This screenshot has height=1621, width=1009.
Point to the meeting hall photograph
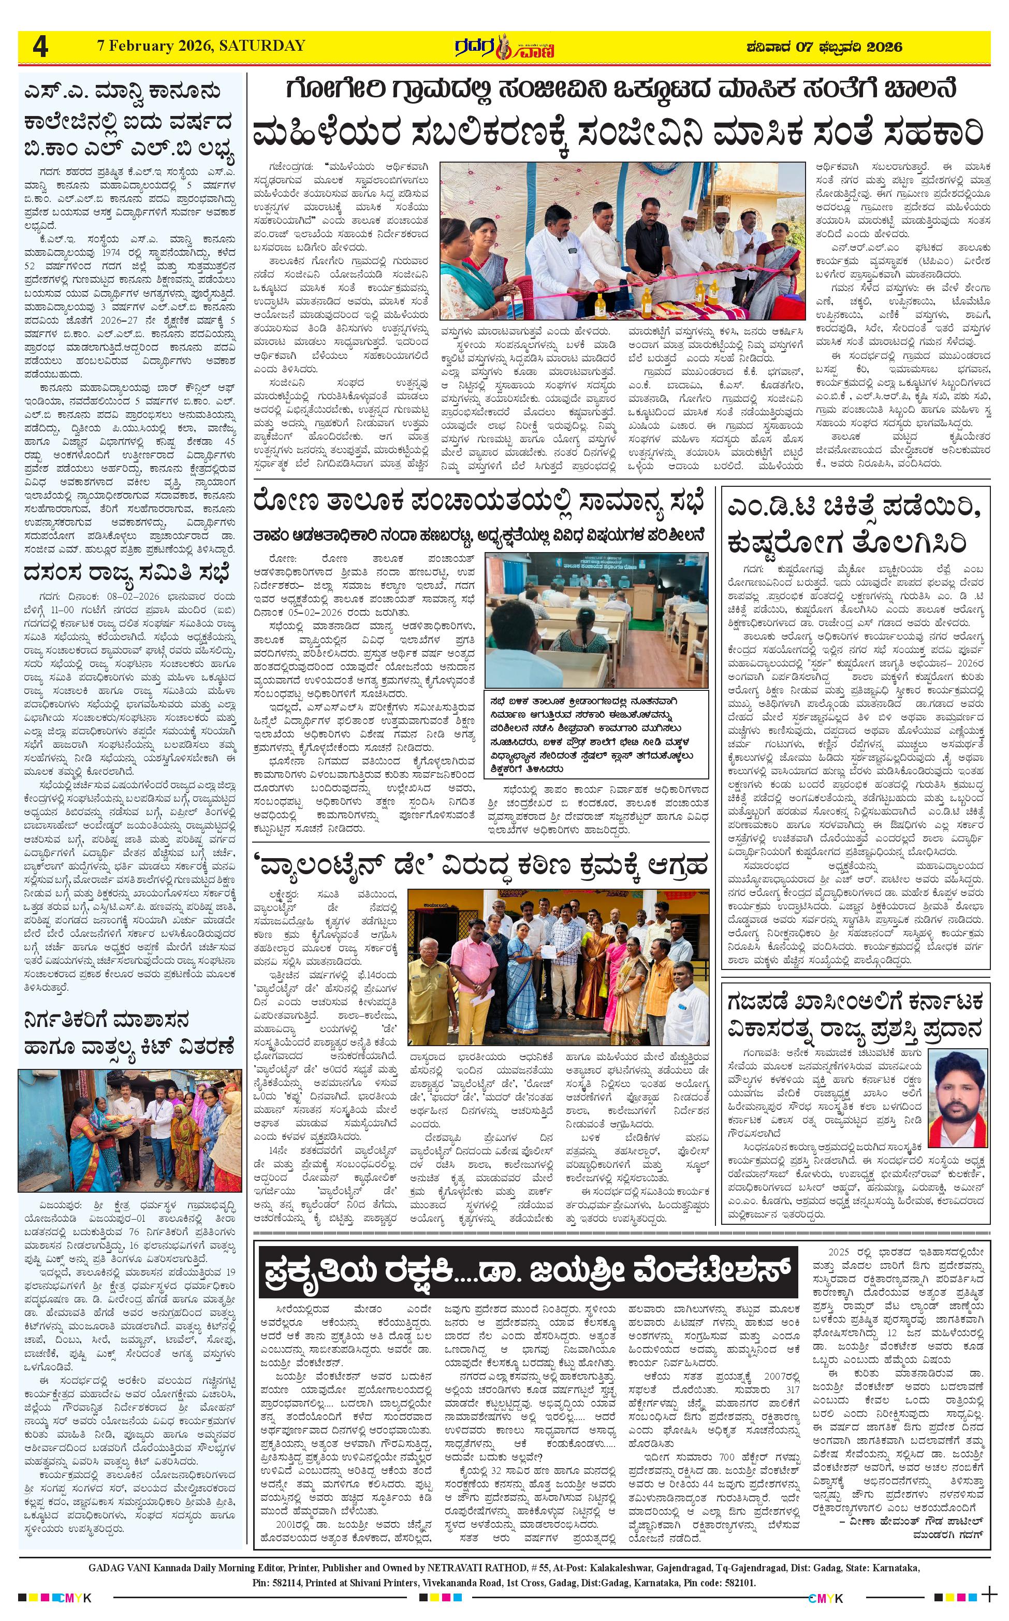[596, 619]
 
